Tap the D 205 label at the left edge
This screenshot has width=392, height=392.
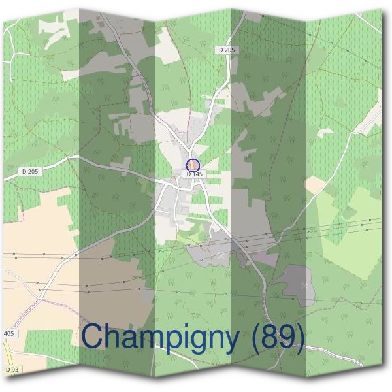30,171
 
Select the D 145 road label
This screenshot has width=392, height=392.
195,174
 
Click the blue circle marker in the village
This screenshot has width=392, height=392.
192,165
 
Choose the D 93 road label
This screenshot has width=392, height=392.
11,370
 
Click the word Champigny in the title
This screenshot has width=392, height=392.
161,337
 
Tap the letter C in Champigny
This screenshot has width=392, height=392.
95,336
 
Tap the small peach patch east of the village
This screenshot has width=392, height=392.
316,186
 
